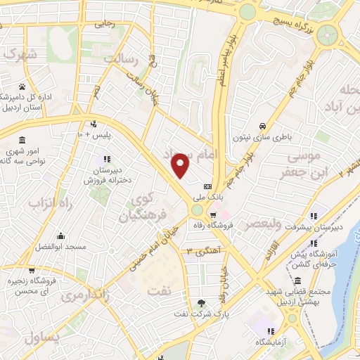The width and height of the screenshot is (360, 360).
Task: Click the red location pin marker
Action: [181, 165]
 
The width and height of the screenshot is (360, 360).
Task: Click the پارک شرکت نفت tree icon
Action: [202, 304]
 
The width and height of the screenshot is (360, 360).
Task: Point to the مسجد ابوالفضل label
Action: [60, 247]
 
